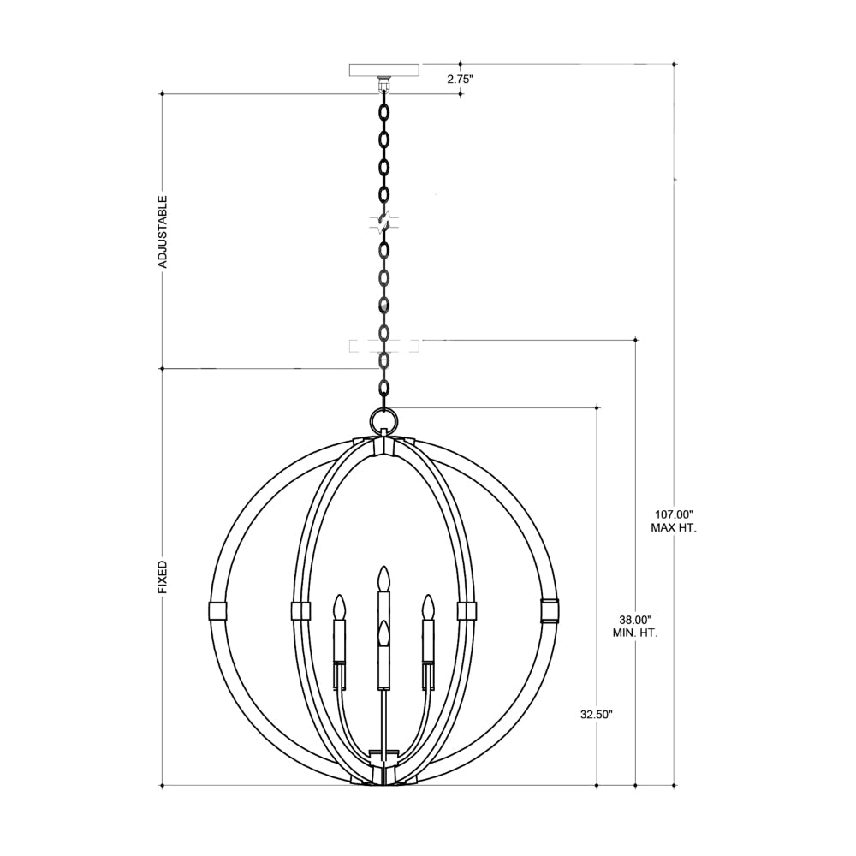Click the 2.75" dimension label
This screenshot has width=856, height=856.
click(x=460, y=79)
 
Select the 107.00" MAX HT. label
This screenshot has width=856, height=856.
click(x=674, y=521)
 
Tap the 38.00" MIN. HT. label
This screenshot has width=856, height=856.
click(x=635, y=627)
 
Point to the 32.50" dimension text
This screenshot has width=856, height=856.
click(x=597, y=715)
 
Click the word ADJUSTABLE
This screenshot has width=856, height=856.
click(x=162, y=231)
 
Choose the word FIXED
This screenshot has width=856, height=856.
click(x=162, y=578)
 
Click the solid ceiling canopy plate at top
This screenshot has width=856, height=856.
click(x=385, y=71)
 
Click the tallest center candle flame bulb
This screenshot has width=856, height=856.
click(x=385, y=578)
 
